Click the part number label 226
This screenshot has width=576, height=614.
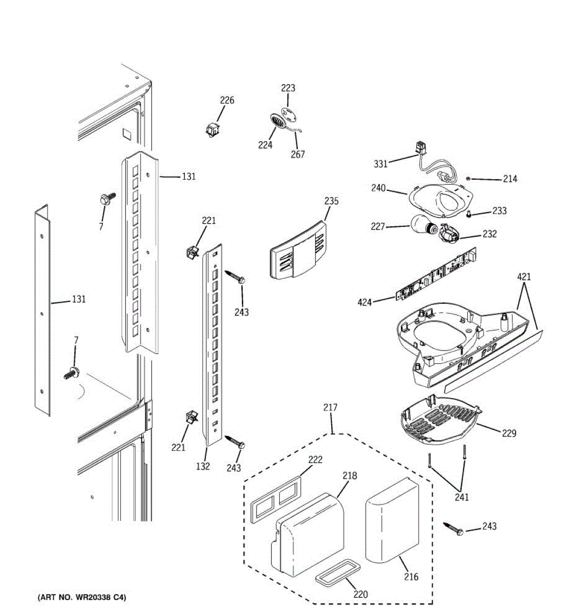point(227,100)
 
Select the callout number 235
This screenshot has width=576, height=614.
point(331,201)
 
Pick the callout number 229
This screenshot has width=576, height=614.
point(508,433)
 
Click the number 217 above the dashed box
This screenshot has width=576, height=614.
point(330,408)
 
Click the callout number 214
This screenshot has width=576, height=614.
point(509,179)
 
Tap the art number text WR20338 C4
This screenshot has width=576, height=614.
point(82,597)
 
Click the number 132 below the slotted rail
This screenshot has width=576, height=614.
point(203,466)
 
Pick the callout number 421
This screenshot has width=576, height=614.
point(524,277)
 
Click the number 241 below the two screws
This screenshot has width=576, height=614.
point(461,497)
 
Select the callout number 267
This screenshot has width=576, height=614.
point(297,155)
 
